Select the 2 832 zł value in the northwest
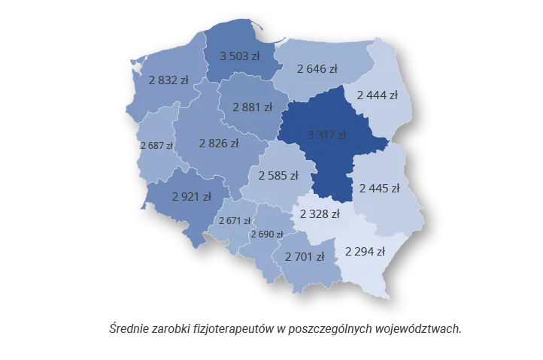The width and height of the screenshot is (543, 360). (168, 80)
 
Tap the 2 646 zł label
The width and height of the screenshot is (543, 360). (317, 69)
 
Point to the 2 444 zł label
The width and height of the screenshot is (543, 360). (377, 95)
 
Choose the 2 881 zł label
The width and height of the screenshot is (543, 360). (253, 107)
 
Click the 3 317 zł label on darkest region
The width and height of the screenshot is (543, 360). (326, 135)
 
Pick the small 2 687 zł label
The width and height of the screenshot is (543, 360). (156, 145)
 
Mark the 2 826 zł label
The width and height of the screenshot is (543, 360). (219, 143)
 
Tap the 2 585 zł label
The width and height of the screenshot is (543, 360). (278, 176)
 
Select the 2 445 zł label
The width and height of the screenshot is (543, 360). (379, 188)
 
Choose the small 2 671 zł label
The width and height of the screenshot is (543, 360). (235, 221)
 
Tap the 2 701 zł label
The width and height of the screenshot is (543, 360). (305, 256)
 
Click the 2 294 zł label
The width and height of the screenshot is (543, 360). (365, 251)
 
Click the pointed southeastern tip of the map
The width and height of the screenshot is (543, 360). (389, 298)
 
